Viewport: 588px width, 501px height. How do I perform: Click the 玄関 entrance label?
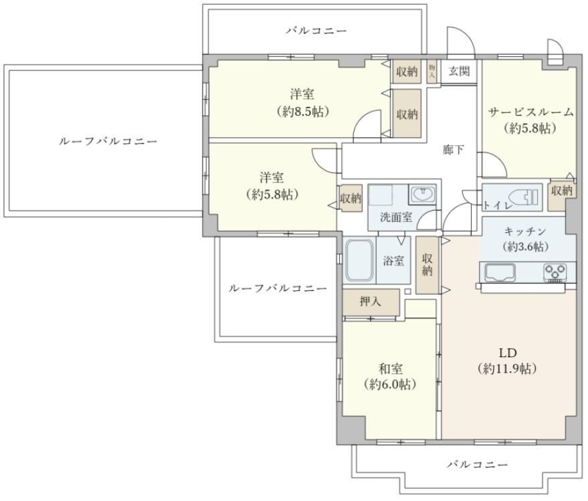click(459, 71)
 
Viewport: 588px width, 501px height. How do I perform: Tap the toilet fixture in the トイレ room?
click(524, 197)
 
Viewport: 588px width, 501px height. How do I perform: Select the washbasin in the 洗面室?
click(423, 195)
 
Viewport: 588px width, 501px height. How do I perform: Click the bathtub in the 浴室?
click(360, 260)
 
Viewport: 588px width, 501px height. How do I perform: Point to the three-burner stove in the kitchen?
click(556, 273)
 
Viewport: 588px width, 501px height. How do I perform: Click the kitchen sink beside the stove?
click(500, 273)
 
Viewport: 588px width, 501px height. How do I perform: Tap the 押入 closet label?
click(370, 302)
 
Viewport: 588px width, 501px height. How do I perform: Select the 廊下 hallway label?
click(453, 150)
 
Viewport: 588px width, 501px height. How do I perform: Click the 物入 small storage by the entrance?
click(431, 72)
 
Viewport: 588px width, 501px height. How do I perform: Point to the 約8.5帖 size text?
click(303, 112)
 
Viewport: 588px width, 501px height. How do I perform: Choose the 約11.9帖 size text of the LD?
click(507, 369)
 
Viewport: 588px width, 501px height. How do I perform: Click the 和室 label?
click(391, 369)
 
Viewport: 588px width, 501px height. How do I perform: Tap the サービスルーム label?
click(530, 112)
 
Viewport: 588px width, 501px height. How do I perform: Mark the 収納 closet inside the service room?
click(561, 191)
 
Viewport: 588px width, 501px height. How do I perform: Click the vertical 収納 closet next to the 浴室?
click(427, 265)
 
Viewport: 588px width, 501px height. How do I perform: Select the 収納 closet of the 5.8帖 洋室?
click(351, 198)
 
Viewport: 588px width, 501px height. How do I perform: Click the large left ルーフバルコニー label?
click(108, 141)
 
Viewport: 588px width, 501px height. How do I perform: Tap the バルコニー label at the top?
click(317, 30)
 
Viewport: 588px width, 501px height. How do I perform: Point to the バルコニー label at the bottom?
click(478, 465)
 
